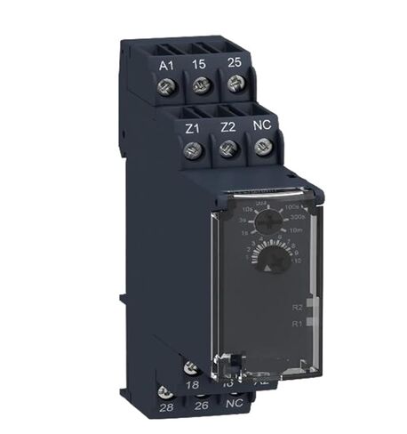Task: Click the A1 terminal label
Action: click(165, 65)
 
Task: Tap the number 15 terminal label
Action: click(200, 64)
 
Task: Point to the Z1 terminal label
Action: click(192, 127)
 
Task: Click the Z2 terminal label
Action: click(227, 126)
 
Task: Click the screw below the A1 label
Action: click(165, 88)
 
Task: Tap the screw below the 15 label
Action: click(200, 87)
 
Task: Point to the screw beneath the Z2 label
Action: click(227, 149)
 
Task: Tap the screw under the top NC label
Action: click(261, 148)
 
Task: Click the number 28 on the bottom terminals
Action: click(164, 407)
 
